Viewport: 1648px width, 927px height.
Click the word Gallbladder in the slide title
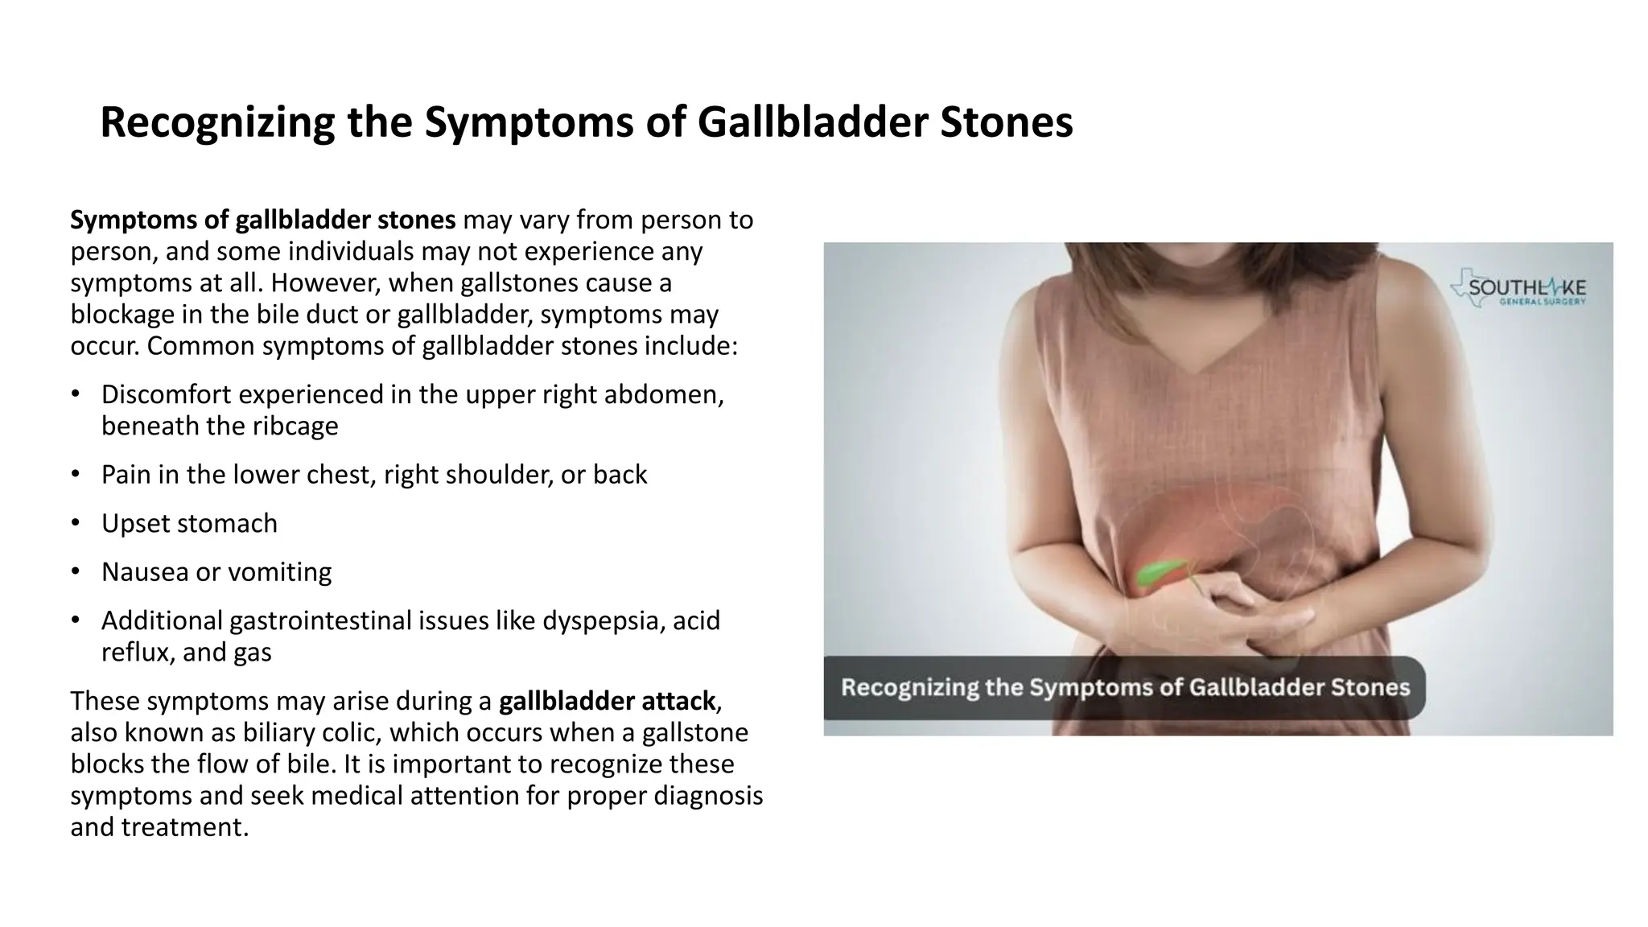click(805, 123)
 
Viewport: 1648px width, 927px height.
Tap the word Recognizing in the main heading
click(216, 123)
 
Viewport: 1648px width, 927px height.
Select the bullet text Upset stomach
click(189, 523)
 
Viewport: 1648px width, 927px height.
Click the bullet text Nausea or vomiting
click(216, 572)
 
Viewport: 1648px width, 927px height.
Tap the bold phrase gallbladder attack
click(607, 701)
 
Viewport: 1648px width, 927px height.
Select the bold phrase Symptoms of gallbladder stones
click(262, 220)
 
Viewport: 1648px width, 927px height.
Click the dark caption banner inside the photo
click(1124, 688)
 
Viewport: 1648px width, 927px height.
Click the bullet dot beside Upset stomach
click(75, 523)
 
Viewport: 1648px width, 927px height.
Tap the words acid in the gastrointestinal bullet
click(696, 620)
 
